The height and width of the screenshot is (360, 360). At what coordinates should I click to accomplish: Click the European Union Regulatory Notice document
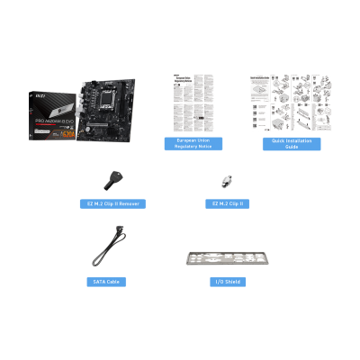[x=193, y=103]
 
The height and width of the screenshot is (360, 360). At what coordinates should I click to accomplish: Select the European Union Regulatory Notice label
[x=193, y=144]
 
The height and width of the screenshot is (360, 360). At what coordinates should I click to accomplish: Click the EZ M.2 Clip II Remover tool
[x=112, y=178]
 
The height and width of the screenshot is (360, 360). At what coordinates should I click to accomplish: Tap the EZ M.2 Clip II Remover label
[x=112, y=203]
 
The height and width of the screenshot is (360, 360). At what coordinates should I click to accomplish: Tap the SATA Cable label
[x=109, y=282]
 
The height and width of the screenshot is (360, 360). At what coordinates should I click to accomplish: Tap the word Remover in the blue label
[x=127, y=203]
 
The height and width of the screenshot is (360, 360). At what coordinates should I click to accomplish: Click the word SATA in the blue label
[x=100, y=282]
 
